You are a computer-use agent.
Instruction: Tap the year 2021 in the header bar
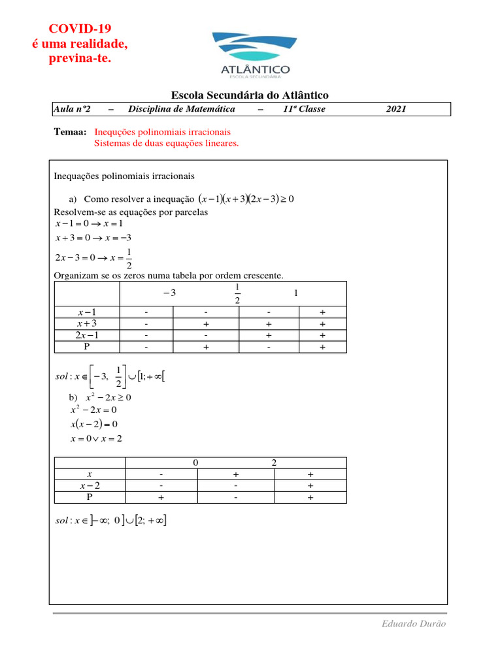coord(396,109)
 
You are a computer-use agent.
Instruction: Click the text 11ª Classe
coord(303,109)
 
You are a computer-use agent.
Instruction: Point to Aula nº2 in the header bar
coord(72,109)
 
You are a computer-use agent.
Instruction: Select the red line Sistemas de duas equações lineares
coord(167,143)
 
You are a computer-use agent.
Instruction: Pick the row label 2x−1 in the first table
coord(87,335)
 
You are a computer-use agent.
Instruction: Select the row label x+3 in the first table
coord(87,323)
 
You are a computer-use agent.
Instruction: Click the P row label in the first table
coord(87,347)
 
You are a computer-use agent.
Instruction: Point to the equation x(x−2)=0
coord(93,424)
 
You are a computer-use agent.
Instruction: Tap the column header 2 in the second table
coord(274,463)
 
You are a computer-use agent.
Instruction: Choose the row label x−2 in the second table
coord(90,486)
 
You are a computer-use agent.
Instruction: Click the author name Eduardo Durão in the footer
coord(414,624)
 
